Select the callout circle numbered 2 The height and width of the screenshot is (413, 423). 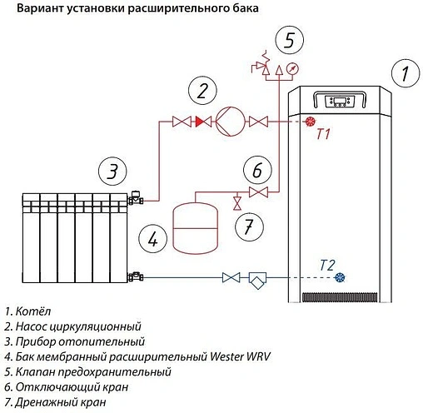(202, 90)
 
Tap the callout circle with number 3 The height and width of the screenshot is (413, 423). (112, 172)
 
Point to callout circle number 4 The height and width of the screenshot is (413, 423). (152, 238)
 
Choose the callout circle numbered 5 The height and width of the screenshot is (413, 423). (288, 40)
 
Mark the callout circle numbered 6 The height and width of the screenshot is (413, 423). (257, 170)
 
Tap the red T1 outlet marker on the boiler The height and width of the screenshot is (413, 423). (309, 122)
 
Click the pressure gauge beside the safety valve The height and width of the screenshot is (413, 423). (291, 67)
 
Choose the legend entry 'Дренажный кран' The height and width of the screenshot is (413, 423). (58, 402)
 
